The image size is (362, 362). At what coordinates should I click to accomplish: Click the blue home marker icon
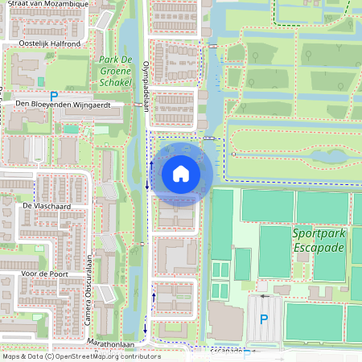[181, 174]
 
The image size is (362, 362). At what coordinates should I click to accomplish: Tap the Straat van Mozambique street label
[48, 5]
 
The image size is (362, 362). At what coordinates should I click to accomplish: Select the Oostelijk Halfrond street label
[49, 43]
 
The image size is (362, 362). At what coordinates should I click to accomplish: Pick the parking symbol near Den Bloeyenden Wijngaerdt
[54, 95]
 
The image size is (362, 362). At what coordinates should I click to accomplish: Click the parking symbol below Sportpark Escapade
[264, 319]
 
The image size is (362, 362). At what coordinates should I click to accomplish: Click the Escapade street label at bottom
[227, 351]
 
